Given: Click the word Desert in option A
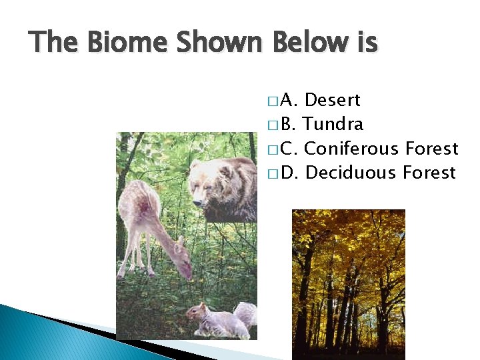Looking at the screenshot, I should tap(332, 101).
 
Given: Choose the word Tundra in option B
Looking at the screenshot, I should tap(334, 125).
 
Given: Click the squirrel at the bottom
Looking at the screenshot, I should tap(213, 321).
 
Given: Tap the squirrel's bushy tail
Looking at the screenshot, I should tap(245, 315).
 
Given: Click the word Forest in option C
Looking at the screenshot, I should tap(431, 149).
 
